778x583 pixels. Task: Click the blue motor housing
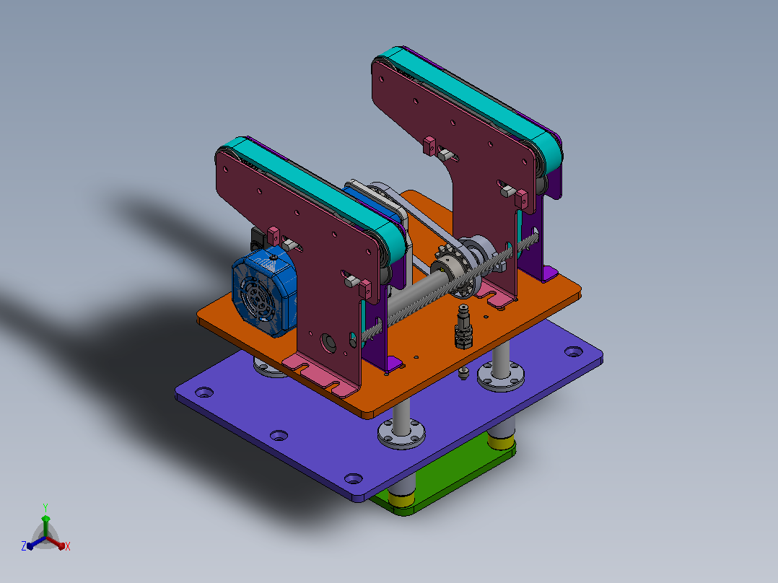[264, 291]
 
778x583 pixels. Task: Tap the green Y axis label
[45, 507]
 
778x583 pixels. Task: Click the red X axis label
[68, 546]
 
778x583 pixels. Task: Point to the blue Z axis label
[23, 545]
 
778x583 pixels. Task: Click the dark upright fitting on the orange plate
[463, 327]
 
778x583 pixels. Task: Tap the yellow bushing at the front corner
[401, 498]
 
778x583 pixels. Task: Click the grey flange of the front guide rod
[401, 434]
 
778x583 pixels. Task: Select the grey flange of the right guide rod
[501, 377]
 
